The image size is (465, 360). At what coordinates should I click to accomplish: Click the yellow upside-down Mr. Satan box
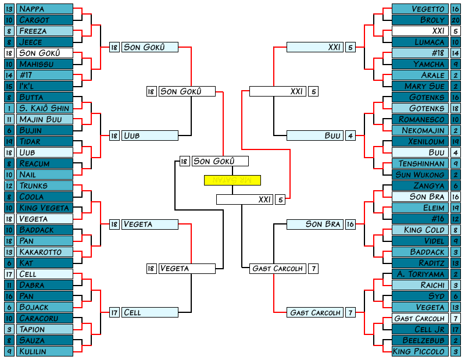(232, 180)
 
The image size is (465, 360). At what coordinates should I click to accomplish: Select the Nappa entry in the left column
(45, 9)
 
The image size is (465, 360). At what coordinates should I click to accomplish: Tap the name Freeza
(45, 31)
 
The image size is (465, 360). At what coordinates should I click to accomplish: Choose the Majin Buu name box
(45, 119)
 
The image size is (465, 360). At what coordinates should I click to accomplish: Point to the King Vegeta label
(45, 208)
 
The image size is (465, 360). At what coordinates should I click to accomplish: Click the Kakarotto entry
(45, 252)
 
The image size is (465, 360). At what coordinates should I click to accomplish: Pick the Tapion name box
(45, 329)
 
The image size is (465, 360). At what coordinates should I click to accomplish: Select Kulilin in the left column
(45, 351)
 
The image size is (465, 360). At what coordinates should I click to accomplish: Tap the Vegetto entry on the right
(420, 9)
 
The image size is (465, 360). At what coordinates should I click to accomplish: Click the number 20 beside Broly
(456, 20)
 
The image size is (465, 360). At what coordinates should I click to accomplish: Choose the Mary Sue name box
(420, 86)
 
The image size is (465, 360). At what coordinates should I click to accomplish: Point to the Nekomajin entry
(420, 130)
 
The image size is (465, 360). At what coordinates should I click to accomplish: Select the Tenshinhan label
(420, 163)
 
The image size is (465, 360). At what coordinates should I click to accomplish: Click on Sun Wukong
(420, 174)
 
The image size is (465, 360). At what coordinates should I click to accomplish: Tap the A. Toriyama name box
(420, 274)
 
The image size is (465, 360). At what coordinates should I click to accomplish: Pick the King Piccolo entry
(420, 351)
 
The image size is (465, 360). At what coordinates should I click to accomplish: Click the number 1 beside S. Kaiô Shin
(9, 108)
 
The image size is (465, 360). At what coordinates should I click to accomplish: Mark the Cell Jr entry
(420, 329)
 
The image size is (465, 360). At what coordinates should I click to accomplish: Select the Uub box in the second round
(149, 136)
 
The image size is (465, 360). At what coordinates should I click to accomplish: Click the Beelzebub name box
(420, 340)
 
